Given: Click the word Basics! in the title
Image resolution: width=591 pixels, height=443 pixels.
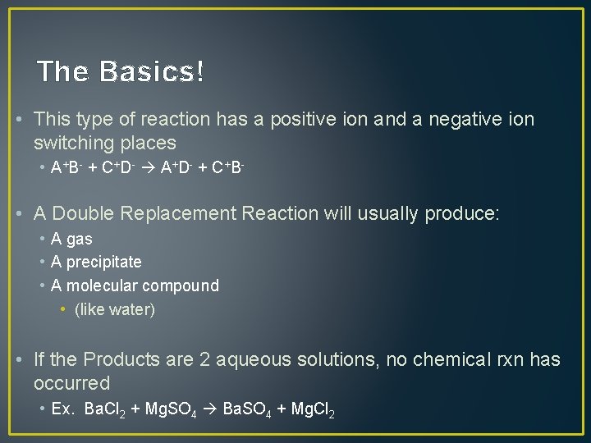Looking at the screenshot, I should [x=152, y=72].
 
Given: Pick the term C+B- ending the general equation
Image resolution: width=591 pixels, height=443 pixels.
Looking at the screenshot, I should [x=229, y=168].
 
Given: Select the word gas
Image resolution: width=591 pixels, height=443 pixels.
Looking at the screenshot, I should [x=79, y=240].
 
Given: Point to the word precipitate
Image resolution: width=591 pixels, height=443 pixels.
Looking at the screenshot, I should [x=103, y=263].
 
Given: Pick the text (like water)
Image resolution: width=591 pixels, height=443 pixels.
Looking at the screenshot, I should [x=114, y=310].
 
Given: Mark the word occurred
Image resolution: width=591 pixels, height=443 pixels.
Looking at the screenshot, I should [x=71, y=383].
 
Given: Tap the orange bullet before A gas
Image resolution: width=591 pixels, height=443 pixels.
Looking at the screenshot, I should [x=42, y=240].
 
